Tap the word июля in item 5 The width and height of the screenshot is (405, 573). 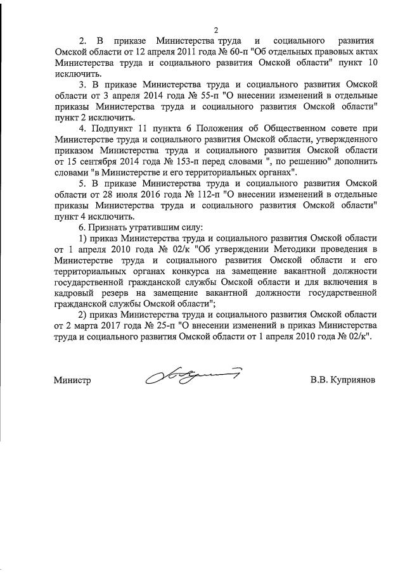click(105, 193)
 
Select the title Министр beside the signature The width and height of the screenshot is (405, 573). click(73, 381)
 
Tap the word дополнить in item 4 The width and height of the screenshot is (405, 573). click(357, 160)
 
